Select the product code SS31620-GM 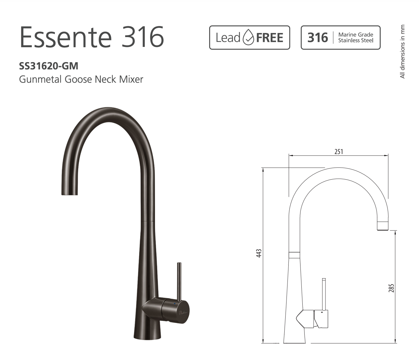tap(48, 66)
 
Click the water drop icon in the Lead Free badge tap(248, 38)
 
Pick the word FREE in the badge tap(270, 38)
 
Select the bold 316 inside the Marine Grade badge tap(318, 38)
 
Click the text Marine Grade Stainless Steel tap(356, 37)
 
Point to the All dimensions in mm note tap(403, 52)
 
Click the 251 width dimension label tap(338, 151)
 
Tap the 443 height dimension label tap(259, 253)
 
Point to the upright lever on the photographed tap tap(179, 280)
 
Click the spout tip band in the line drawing tap(383, 226)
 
